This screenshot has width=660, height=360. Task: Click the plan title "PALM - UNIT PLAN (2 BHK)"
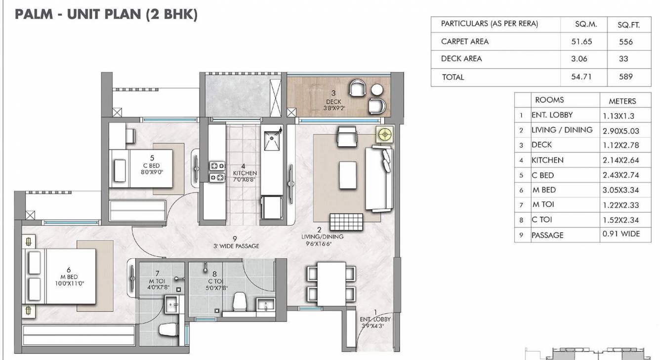point(106,14)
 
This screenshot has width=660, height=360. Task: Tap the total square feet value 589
point(625,77)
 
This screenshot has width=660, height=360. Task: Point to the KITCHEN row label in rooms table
point(547,160)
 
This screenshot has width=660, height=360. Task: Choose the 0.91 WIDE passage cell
point(621,234)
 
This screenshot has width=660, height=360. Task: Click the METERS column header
point(622,101)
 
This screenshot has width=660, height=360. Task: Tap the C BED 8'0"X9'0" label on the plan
point(151,169)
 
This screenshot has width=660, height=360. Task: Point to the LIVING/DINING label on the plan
point(323,240)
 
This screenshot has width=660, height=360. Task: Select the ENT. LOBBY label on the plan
point(374,322)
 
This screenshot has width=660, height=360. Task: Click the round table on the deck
point(377,89)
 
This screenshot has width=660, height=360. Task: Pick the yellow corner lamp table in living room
point(384,134)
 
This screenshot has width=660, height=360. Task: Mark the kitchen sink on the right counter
point(272,140)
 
